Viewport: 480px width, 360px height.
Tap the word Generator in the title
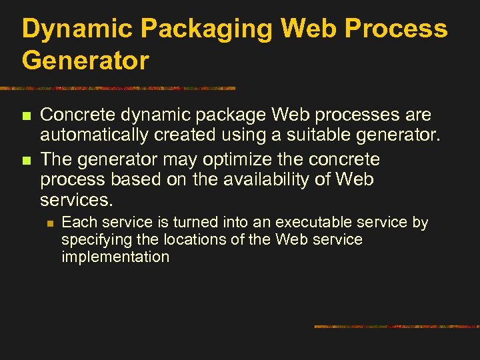(x=85, y=61)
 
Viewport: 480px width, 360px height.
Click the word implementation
(x=115, y=257)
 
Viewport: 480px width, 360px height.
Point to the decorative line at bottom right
(x=397, y=327)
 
